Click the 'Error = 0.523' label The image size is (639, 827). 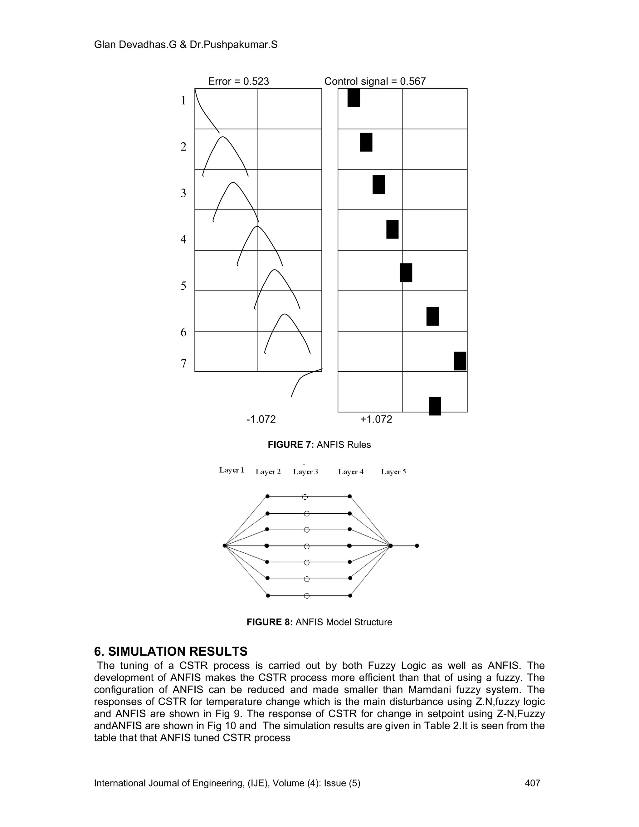[x=238, y=81]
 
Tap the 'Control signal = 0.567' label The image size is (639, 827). [x=375, y=81]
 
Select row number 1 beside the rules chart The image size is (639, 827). [x=183, y=101]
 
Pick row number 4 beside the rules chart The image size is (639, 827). [x=183, y=239]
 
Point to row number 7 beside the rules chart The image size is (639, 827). [x=183, y=364]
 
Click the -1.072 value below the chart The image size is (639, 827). [x=261, y=419]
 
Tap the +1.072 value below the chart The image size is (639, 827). [x=376, y=419]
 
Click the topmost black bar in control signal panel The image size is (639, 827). [x=354, y=98]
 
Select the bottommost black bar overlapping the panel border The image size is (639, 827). [x=435, y=406]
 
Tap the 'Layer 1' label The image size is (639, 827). [x=232, y=470]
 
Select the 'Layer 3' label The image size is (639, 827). [x=305, y=472]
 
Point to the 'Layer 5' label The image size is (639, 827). [x=393, y=472]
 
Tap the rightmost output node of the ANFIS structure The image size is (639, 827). [x=417, y=546]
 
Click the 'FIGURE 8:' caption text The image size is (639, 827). [x=270, y=622]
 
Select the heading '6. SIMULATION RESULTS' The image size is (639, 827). [x=171, y=651]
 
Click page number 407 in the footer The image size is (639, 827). [x=532, y=783]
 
